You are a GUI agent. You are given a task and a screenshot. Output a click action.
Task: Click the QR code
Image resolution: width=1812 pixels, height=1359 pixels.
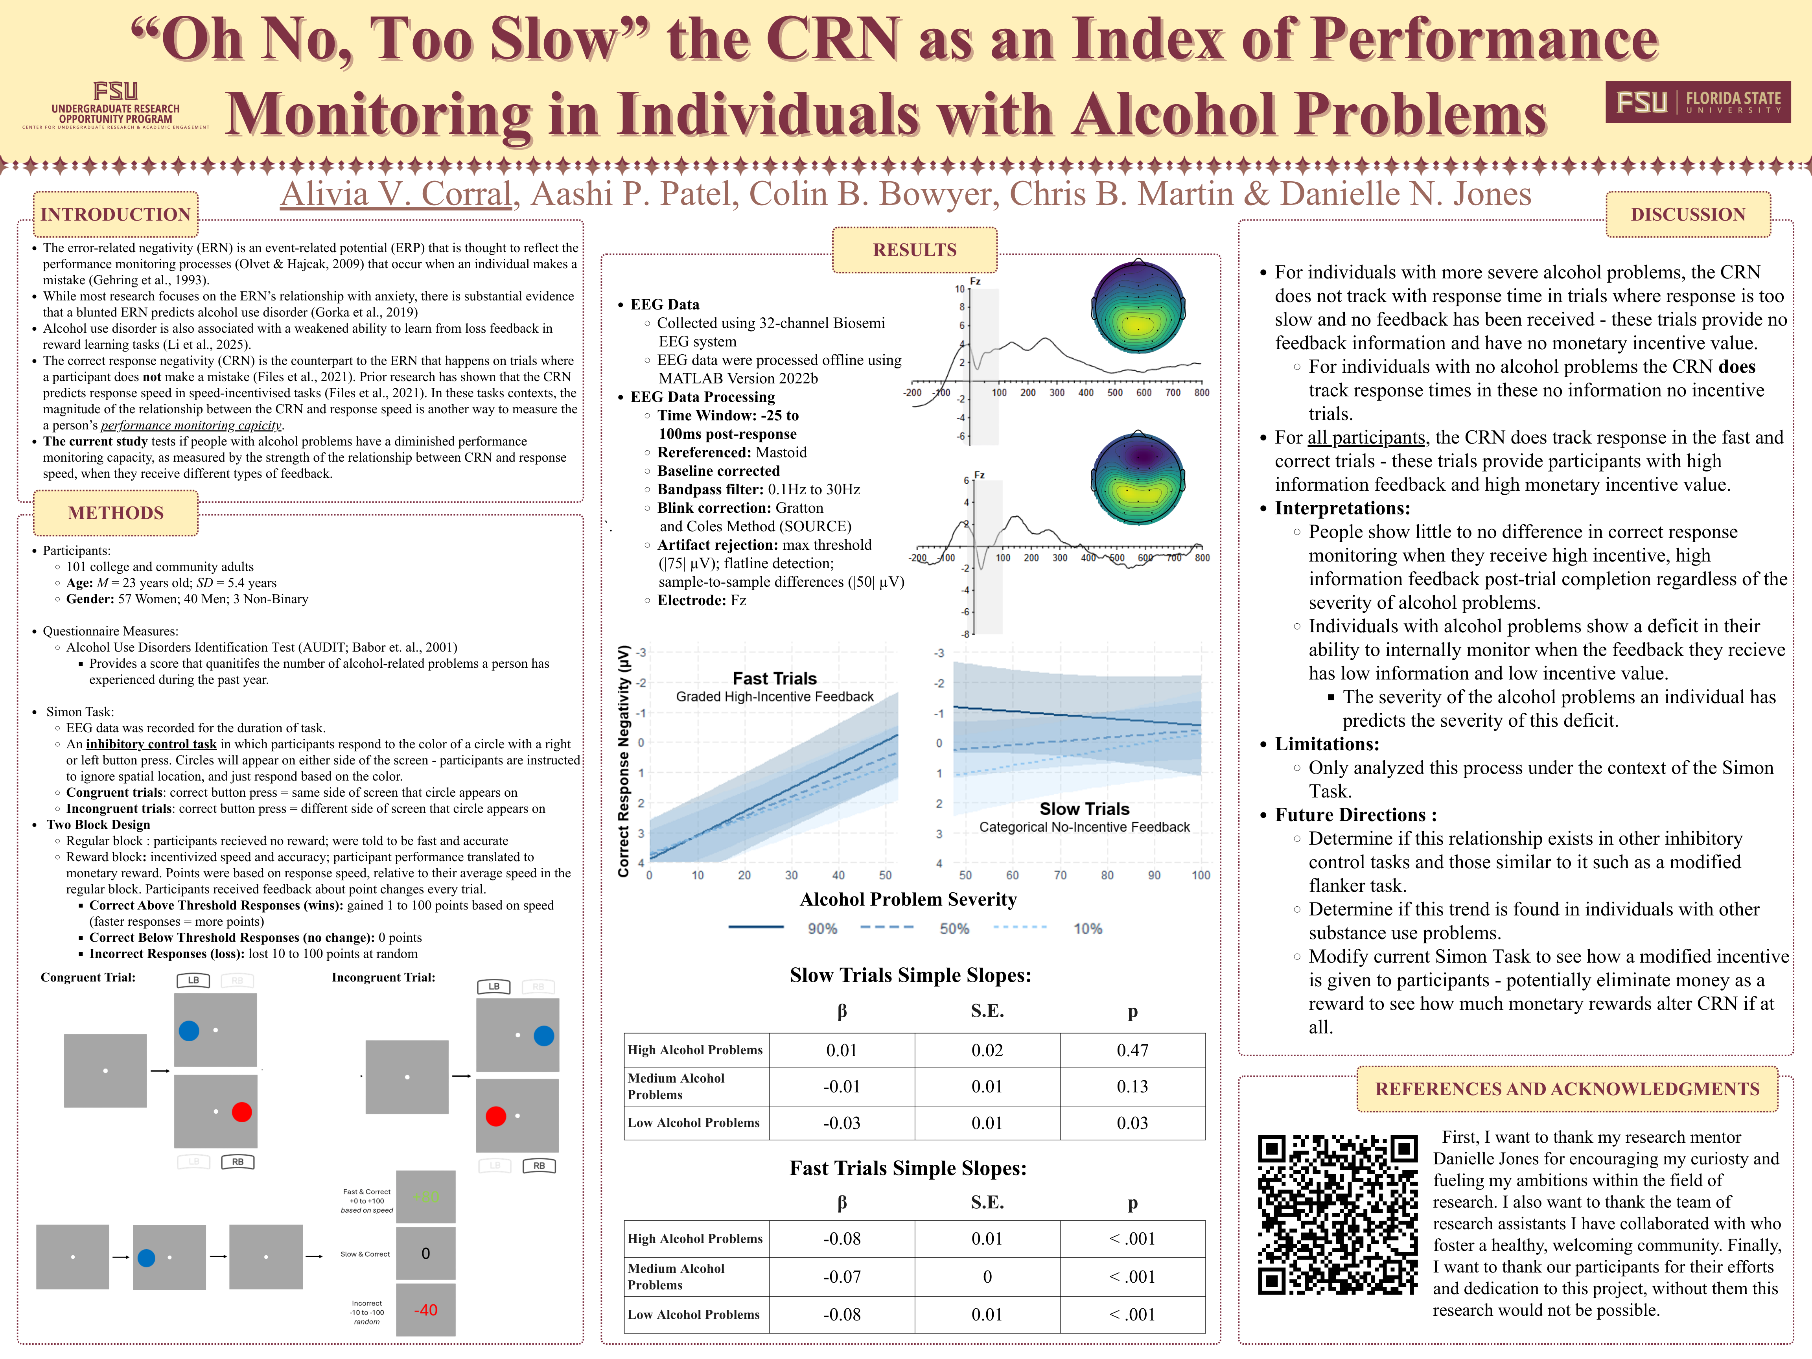tap(1338, 1215)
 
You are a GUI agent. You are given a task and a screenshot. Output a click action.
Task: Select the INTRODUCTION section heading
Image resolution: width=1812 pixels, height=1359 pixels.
tap(116, 215)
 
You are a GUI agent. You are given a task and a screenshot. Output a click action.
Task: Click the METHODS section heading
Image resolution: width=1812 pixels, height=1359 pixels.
tap(116, 513)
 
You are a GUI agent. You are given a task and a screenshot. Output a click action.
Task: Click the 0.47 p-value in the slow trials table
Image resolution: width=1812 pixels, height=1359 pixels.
tap(1132, 1050)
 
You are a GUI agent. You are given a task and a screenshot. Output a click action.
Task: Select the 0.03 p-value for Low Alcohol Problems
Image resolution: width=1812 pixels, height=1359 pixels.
tap(1132, 1123)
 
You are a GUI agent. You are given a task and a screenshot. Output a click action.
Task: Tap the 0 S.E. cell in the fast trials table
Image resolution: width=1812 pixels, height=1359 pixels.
tap(987, 1276)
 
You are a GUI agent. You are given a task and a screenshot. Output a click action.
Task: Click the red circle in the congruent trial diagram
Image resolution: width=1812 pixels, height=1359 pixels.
tap(242, 1112)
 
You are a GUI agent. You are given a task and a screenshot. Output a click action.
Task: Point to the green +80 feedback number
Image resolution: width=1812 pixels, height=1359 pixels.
tap(426, 1197)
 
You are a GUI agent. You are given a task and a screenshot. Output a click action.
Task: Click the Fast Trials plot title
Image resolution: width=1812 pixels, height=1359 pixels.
tap(774, 678)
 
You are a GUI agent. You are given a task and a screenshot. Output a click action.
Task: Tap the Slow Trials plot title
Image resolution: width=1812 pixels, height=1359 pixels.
tap(1084, 808)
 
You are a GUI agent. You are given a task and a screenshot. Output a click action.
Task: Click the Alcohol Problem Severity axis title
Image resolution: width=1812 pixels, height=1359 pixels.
tap(908, 899)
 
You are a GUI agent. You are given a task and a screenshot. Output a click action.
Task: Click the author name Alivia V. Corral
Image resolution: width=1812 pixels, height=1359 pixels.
tap(396, 194)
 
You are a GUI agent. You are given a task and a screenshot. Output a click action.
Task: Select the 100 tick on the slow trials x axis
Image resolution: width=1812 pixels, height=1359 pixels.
tap(1200, 875)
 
